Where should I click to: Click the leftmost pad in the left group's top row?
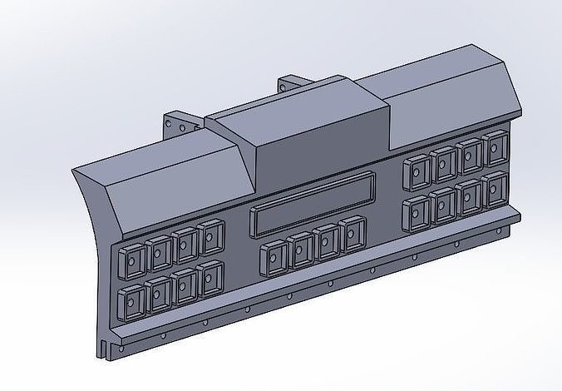131,262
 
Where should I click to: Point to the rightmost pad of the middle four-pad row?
353,233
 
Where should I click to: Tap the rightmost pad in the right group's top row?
497,148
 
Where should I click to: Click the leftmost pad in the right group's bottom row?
415,214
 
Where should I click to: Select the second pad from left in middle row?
300,249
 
